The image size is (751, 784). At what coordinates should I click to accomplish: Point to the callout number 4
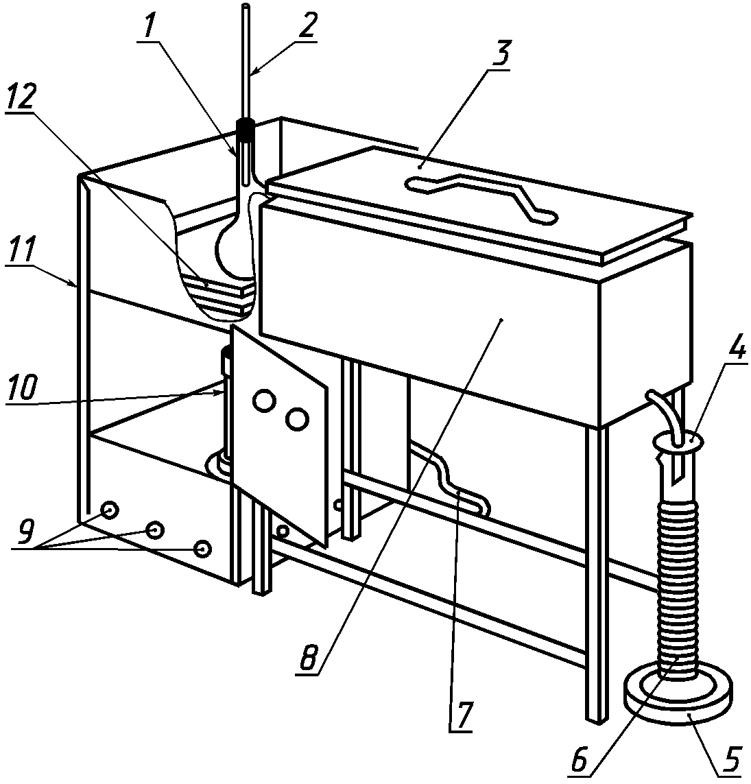pyautogui.click(x=733, y=346)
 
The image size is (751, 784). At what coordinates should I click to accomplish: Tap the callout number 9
pyautogui.click(x=25, y=532)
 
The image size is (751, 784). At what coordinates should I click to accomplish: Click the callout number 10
pyautogui.click(x=23, y=388)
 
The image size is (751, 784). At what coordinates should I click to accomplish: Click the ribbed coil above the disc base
pyautogui.click(x=678, y=589)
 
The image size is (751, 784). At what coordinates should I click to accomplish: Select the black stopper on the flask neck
pyautogui.click(x=246, y=130)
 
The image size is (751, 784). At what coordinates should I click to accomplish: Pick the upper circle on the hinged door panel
pyautogui.click(x=264, y=401)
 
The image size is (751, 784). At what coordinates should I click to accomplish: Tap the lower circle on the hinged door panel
pyautogui.click(x=296, y=419)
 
